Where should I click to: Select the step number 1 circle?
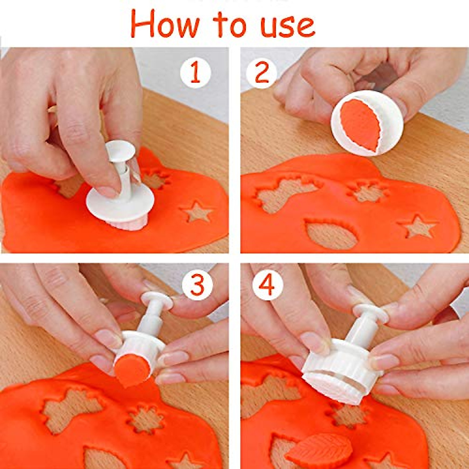(195, 73)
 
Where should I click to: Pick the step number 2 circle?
(261, 73)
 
